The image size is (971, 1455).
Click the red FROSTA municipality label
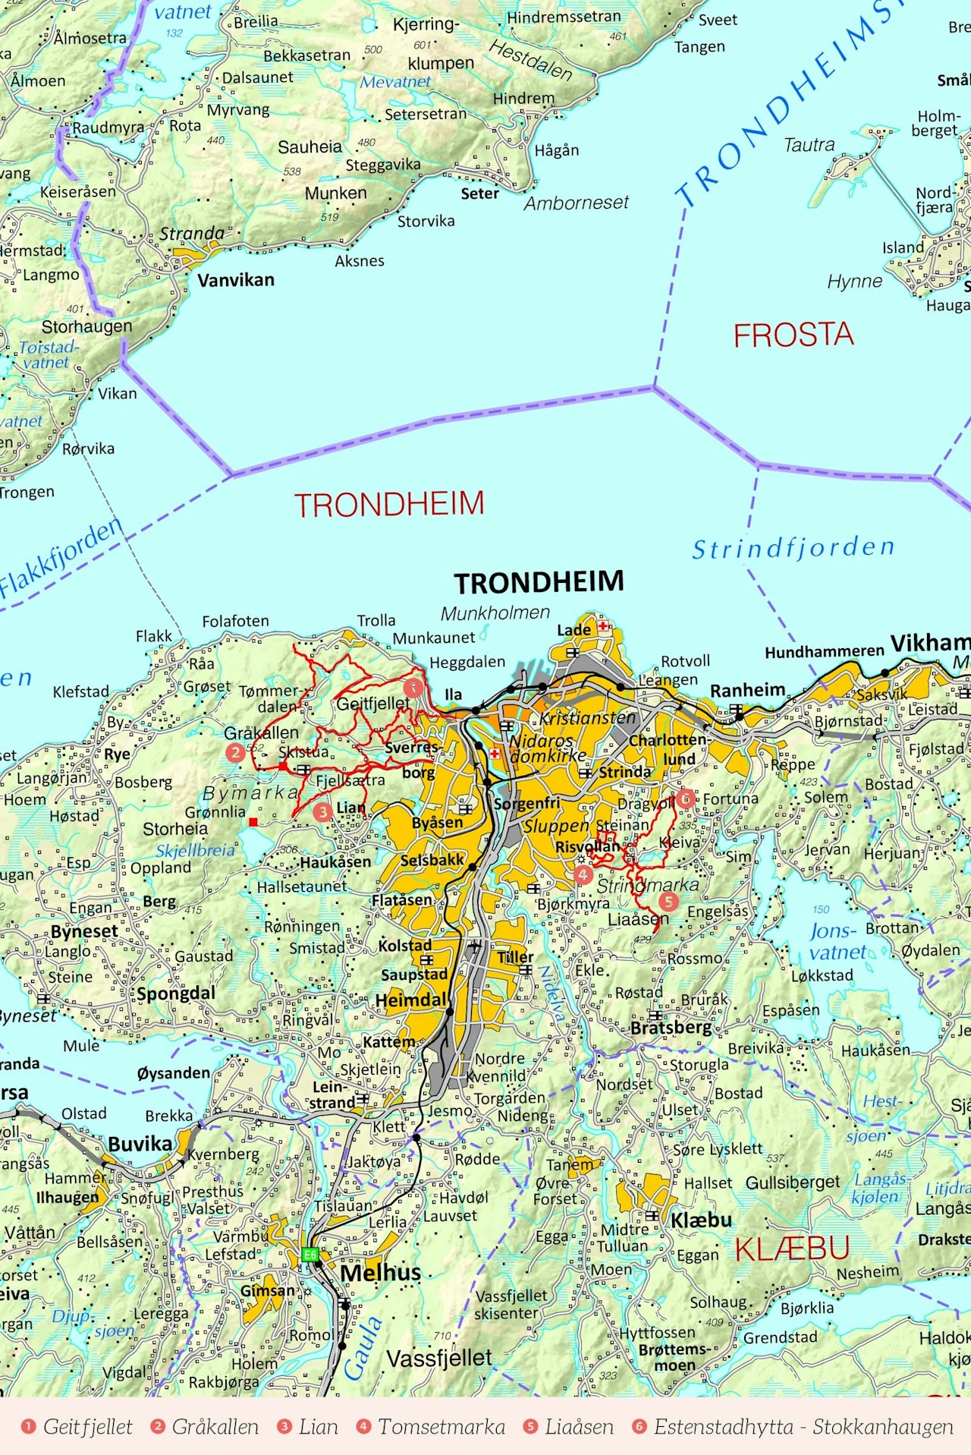pyautogui.click(x=793, y=335)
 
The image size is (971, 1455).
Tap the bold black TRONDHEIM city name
pyautogui.click(x=539, y=582)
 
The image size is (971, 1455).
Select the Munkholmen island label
pyautogui.click(x=495, y=613)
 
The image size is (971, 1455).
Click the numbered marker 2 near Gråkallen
pyautogui.click(x=235, y=752)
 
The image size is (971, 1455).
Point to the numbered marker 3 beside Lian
pyautogui.click(x=322, y=811)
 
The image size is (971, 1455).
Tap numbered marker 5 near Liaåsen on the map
pyautogui.click(x=668, y=901)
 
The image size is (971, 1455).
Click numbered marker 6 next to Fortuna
pyautogui.click(x=686, y=798)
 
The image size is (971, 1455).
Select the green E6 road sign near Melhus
pyautogui.click(x=310, y=1255)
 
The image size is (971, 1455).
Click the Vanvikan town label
pyautogui.click(x=235, y=280)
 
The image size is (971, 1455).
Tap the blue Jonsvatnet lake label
pyautogui.click(x=837, y=941)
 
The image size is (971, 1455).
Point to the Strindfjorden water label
pyautogui.click(x=793, y=548)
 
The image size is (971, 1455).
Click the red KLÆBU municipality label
pyautogui.click(x=792, y=1249)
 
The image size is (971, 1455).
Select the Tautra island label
pyautogui.click(x=809, y=144)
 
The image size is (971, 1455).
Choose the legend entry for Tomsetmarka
pyautogui.click(x=441, y=1427)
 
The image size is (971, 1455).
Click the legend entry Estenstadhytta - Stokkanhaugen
pyautogui.click(x=803, y=1427)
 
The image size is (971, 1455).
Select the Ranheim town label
pyautogui.click(x=747, y=690)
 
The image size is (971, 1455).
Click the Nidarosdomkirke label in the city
pyautogui.click(x=548, y=748)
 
